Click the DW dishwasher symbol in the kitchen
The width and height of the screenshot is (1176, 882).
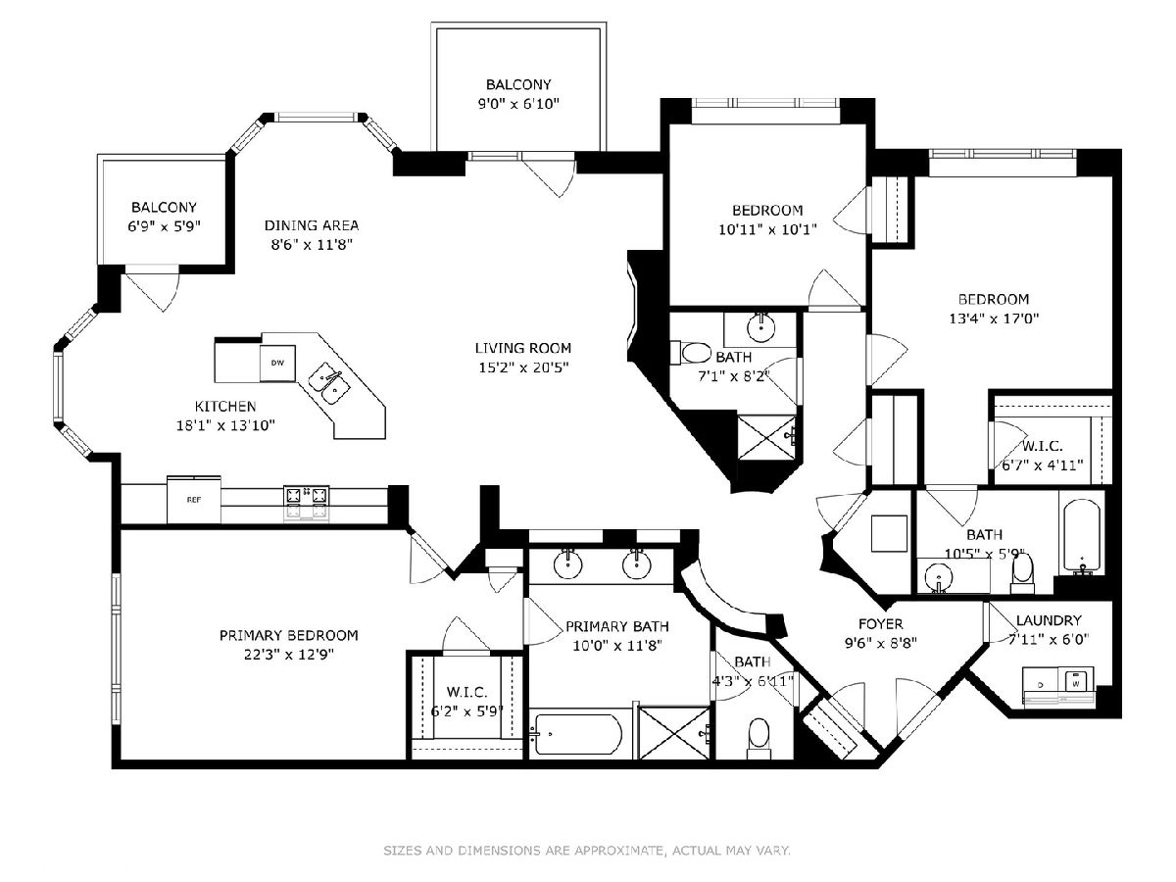277,363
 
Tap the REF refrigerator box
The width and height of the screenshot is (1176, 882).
194,500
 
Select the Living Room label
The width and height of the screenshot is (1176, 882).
523,348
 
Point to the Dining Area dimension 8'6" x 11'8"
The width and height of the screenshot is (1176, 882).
312,245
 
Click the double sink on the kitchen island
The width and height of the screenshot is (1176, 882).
329,383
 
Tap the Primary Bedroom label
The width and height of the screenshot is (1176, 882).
289,635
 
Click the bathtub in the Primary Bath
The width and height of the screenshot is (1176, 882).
576,735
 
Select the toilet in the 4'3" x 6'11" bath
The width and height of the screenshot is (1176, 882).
759,738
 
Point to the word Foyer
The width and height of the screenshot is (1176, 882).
880,624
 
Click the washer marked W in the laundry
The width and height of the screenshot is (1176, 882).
1075,683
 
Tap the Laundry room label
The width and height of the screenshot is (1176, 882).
1049,620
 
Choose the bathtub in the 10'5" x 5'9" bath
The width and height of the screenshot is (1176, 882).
1082,537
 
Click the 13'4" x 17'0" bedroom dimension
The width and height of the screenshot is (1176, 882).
994,318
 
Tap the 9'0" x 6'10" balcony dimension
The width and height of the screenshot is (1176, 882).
518,103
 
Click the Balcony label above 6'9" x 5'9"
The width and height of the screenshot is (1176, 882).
164,207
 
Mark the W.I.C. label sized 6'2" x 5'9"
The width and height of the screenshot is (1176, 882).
466,692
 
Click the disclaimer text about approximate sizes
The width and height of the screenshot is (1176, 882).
587,850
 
